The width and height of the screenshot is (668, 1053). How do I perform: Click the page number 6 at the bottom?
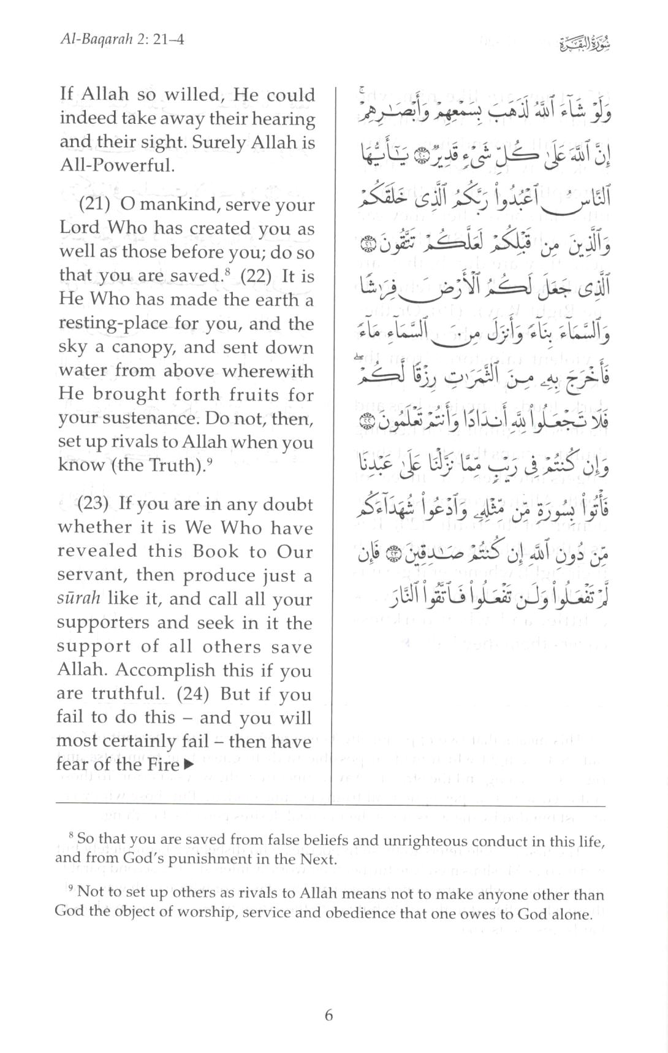click(x=328, y=1015)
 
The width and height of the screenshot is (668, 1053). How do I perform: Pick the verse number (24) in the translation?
click(x=195, y=694)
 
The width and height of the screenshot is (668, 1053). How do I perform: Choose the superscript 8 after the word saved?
click(x=225, y=270)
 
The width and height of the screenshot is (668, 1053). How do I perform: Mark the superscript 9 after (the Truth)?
click(x=210, y=460)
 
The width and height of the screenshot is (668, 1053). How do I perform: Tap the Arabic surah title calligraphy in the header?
click(x=586, y=44)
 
